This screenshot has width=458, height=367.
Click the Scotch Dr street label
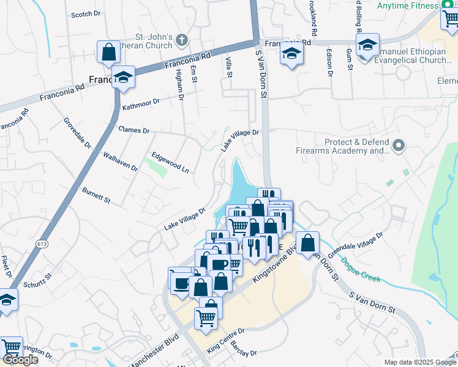tap(86, 14)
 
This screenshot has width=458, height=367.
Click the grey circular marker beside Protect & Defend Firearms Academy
tap(399, 146)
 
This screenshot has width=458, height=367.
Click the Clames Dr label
tap(134, 130)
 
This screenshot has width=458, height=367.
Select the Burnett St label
tap(96, 195)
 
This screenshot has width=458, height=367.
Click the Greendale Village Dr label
tap(355, 244)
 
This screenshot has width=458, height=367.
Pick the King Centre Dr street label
tap(226, 340)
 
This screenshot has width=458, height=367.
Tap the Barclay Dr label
tap(243, 350)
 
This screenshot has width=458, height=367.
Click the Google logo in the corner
tap(20, 359)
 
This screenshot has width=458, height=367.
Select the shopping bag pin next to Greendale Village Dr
tap(307, 242)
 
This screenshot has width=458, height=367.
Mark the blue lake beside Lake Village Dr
tap(240, 183)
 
